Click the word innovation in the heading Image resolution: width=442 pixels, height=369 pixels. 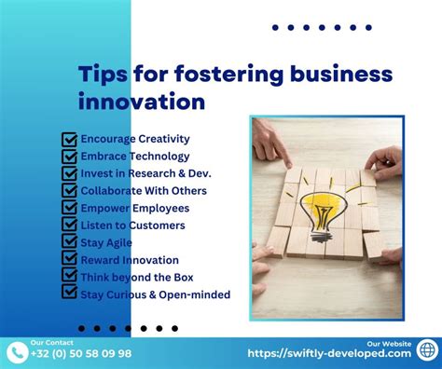pos(142,101)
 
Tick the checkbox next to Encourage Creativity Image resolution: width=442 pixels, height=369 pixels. pos(69,140)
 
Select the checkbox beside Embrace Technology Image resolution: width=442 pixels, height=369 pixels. pos(69,157)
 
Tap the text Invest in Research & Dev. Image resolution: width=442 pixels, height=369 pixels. pos(145,173)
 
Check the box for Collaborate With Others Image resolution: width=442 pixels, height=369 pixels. pos(69,191)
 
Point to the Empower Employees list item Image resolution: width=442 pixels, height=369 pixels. pos(134,208)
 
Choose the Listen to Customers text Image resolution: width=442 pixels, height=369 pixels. pos(132,225)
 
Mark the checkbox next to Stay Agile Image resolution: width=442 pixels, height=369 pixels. pos(69,242)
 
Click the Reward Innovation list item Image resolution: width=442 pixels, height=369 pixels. pos(130,259)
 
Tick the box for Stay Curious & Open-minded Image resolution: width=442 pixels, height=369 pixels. pos(69,294)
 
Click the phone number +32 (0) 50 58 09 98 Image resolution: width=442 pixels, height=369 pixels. pos(81,354)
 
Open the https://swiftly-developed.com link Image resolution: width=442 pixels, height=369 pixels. pos(329,354)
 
